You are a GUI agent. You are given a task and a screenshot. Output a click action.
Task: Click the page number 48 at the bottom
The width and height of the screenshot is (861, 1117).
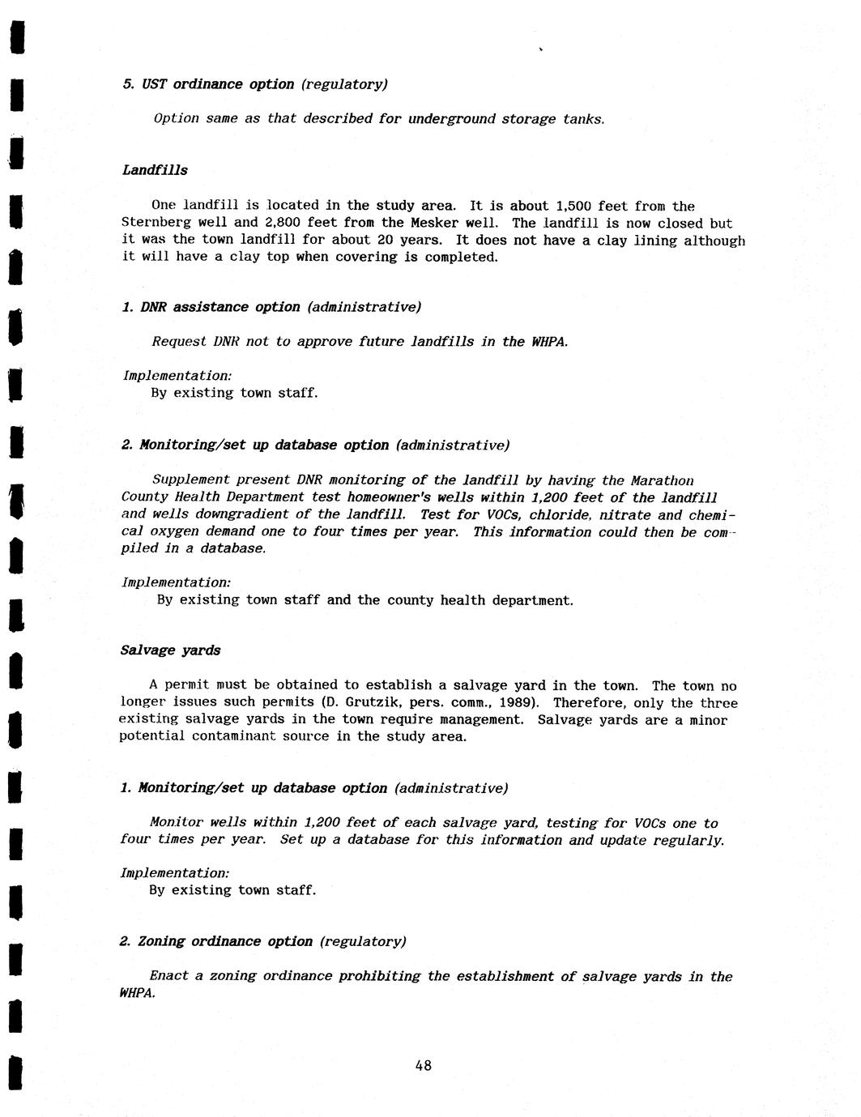click(x=423, y=1065)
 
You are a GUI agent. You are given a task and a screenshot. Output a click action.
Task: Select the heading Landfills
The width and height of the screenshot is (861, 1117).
click(x=155, y=170)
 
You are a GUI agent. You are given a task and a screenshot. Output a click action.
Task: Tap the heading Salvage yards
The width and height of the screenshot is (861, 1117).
click(x=170, y=650)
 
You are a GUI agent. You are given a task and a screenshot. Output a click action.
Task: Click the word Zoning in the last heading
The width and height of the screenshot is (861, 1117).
click(x=161, y=941)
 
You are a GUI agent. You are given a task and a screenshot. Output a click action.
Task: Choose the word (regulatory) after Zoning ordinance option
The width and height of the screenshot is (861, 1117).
click(x=362, y=941)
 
